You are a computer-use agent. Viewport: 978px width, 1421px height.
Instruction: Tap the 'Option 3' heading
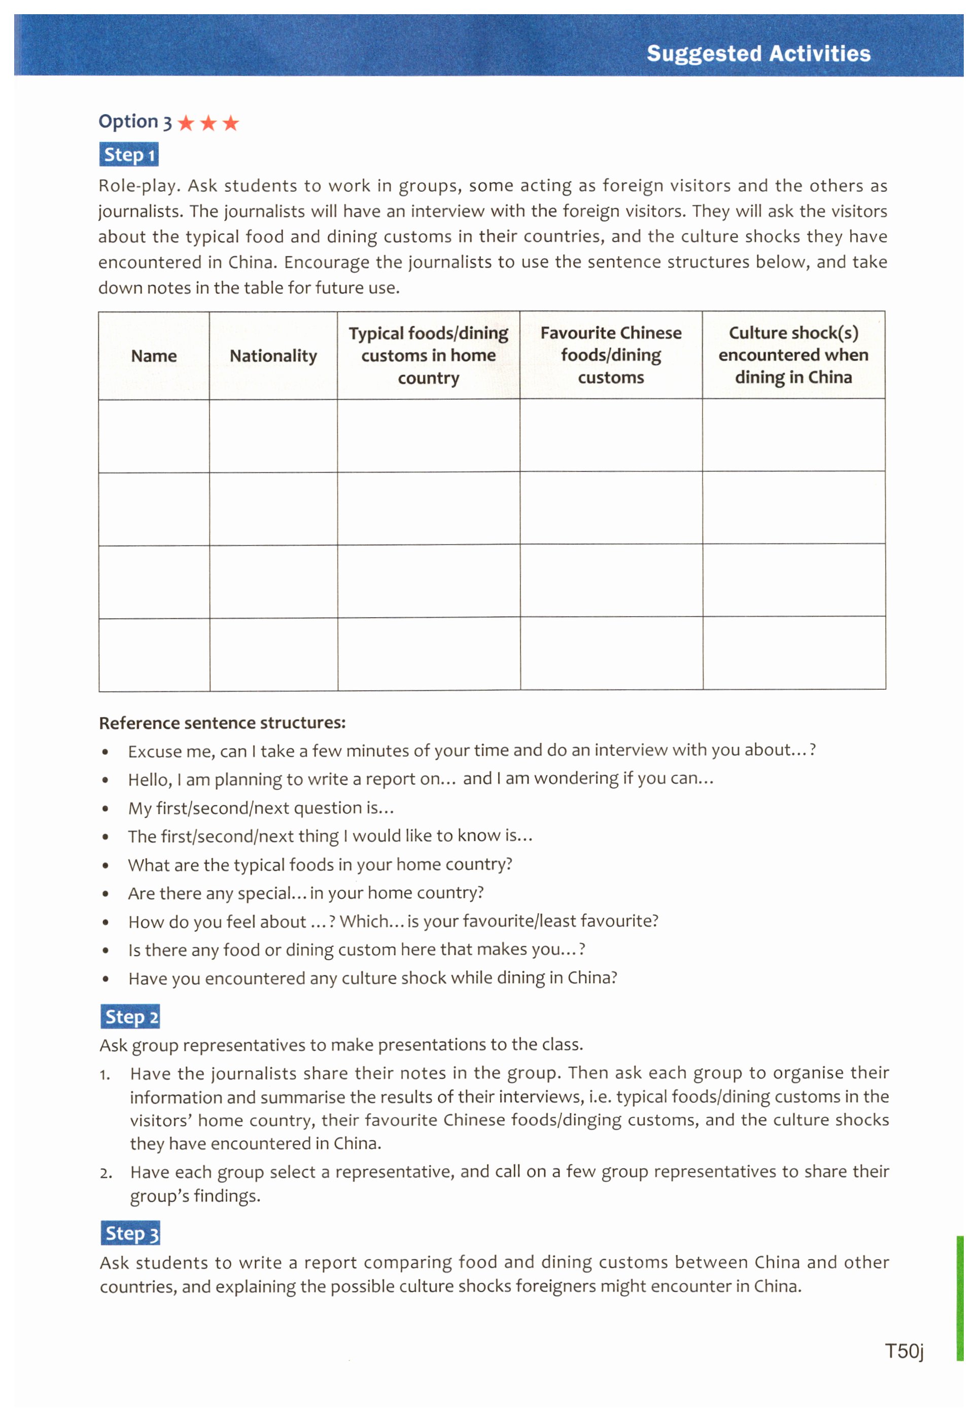click(135, 121)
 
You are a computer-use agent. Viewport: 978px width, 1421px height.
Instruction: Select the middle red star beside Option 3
click(208, 123)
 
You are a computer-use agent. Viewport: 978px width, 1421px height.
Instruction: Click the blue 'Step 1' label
click(129, 154)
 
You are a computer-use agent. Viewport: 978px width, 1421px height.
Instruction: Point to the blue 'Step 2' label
click(130, 1017)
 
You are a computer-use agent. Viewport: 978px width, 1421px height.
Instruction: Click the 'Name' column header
click(154, 356)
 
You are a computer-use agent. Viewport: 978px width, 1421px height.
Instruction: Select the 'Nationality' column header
click(273, 356)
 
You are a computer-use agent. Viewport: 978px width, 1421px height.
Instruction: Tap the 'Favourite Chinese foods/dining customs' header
click(611, 355)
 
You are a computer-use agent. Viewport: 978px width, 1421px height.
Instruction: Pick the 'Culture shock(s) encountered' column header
click(793, 355)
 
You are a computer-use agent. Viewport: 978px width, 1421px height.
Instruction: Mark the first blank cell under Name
click(154, 436)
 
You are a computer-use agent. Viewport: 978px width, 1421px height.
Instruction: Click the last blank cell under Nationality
click(273, 654)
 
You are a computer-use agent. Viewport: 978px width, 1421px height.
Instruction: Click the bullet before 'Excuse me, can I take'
click(106, 752)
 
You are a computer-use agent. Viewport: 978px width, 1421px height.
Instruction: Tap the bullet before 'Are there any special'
click(106, 894)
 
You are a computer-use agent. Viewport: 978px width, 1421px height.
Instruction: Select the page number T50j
click(904, 1350)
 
